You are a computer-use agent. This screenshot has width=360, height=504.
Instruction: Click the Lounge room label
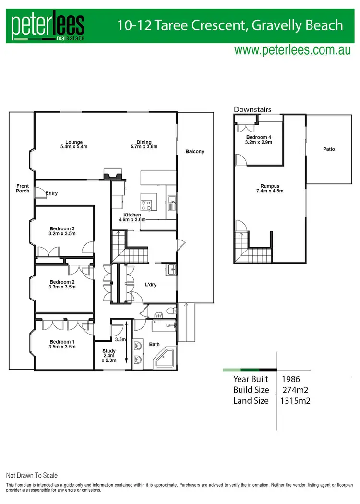[74, 144]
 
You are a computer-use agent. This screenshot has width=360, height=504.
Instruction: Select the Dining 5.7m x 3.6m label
[144, 144]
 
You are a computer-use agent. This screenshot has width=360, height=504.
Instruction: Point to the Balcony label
[195, 152]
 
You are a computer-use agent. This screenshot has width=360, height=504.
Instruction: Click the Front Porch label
[23, 188]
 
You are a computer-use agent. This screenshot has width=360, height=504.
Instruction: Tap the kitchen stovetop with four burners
[146, 205]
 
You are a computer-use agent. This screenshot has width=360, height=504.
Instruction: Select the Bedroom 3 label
[62, 231]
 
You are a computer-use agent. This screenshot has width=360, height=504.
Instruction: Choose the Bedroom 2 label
[62, 284]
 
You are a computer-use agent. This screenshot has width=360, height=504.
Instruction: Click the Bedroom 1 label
[62, 344]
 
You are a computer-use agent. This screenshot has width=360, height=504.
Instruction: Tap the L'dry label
[151, 285]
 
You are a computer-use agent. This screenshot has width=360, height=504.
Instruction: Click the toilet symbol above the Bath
[168, 312]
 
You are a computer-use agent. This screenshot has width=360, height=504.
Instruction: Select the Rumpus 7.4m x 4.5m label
[270, 189]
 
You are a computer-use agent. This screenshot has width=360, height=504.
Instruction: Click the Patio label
[329, 149]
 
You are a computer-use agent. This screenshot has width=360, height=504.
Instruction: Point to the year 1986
[291, 379]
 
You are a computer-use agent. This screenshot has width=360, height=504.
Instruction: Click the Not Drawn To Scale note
[32, 475]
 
